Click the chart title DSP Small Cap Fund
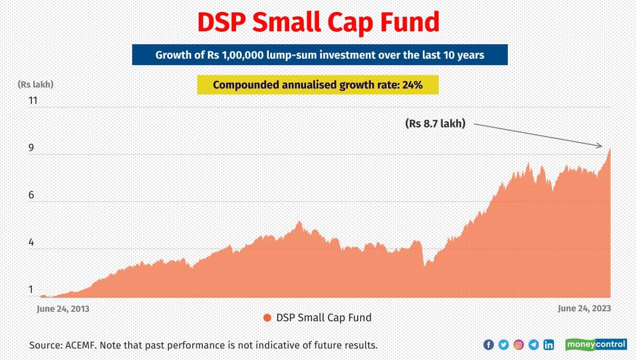pyautogui.click(x=318, y=22)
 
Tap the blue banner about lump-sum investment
pyautogui.click(x=319, y=55)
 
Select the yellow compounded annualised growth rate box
pyautogui.click(x=318, y=85)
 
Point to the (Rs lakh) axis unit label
pyautogui.click(x=35, y=85)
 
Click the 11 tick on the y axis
pyautogui.click(x=33, y=100)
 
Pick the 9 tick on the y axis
pyautogui.click(x=32, y=148)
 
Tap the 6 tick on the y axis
pyautogui.click(x=32, y=195)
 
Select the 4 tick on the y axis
pyautogui.click(x=32, y=243)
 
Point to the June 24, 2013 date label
pyautogui.click(x=63, y=309)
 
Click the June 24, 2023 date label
pyautogui.click(x=584, y=309)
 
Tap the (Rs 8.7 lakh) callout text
pyautogui.click(x=436, y=124)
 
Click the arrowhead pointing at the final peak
pyautogui.click(x=600, y=146)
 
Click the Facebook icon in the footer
pyautogui.click(x=488, y=345)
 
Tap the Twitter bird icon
pyautogui.click(x=503, y=345)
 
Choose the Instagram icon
pyautogui.click(x=519, y=345)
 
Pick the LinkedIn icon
pyautogui.click(x=549, y=345)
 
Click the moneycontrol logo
pyautogui.click(x=596, y=345)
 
